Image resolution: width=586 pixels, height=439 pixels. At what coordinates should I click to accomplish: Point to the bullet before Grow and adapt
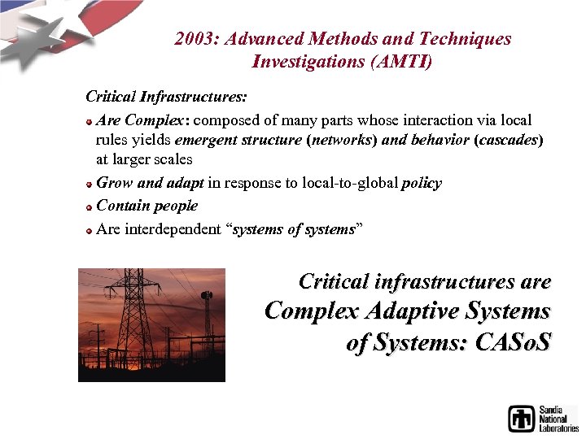pyautogui.click(x=90, y=185)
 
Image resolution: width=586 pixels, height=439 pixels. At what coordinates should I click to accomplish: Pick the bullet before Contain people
pyautogui.click(x=90, y=207)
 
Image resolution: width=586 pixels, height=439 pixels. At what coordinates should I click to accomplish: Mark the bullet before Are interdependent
pyautogui.click(x=90, y=231)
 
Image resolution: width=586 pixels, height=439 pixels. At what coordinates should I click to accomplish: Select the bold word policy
pyautogui.click(x=422, y=183)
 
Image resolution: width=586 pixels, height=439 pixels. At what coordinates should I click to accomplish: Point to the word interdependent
pyautogui.click(x=173, y=229)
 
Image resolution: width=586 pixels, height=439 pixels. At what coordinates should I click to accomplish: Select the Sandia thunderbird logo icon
pyautogui.click(x=521, y=418)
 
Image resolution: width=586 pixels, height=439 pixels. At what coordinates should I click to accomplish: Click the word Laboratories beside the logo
pyautogui.click(x=559, y=428)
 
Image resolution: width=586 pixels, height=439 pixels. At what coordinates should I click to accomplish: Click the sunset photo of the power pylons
pyautogui.click(x=151, y=325)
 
